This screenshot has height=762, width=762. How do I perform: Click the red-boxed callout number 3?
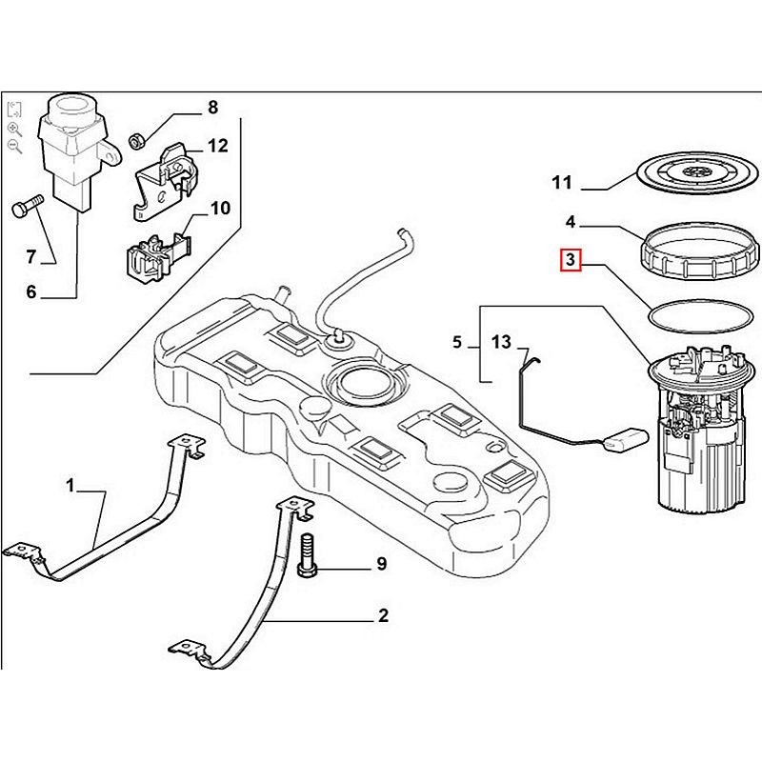570,260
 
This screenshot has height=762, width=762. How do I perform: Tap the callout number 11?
562,182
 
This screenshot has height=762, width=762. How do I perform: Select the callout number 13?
502,341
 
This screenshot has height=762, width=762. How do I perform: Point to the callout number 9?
381,565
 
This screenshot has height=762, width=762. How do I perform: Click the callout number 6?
30,292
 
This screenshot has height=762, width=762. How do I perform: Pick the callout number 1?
70,486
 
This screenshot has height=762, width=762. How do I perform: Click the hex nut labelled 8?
136,139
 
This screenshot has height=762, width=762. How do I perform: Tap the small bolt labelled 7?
28,206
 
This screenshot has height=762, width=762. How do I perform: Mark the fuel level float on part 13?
625,440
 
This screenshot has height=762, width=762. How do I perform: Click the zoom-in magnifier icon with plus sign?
14,128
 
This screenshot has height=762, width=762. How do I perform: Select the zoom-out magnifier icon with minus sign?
14,146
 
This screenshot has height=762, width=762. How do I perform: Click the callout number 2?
383,616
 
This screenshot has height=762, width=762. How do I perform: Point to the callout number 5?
457,341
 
